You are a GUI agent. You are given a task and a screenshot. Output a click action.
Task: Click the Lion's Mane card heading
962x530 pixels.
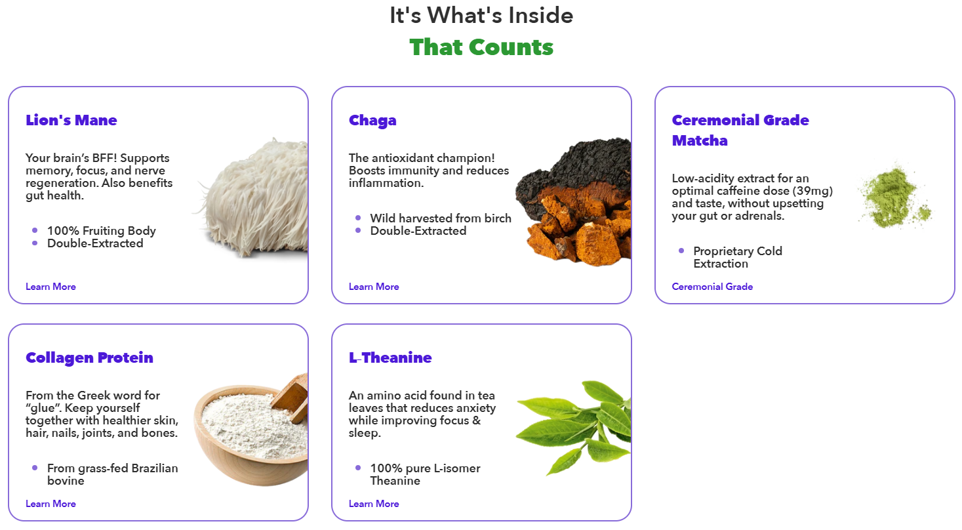point(71,120)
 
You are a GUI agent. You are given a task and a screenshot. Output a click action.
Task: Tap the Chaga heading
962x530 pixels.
point(372,121)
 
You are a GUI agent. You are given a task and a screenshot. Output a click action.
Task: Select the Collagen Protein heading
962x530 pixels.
point(89,357)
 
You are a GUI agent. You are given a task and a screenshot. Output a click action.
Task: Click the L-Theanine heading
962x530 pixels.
point(390,357)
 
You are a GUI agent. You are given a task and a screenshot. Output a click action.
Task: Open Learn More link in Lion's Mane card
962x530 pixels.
point(50,287)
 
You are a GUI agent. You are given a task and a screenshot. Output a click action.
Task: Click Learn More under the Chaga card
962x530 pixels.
point(374,287)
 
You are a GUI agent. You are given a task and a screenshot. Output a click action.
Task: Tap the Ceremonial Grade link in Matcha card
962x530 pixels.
point(712,287)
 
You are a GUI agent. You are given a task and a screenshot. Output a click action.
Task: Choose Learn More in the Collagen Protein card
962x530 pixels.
point(50,504)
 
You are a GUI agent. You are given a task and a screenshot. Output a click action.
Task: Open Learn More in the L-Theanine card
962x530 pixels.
point(374,504)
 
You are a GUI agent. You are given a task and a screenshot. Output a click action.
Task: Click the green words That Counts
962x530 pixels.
point(481,47)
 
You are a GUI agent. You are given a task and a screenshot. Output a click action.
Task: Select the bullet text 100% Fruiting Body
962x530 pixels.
point(102,231)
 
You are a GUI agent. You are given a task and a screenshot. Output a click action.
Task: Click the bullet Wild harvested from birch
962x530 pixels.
point(441,218)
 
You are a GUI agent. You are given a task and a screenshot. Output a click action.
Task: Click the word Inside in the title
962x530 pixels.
point(541,16)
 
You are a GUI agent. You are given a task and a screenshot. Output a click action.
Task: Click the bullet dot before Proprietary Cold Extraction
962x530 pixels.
point(681,251)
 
